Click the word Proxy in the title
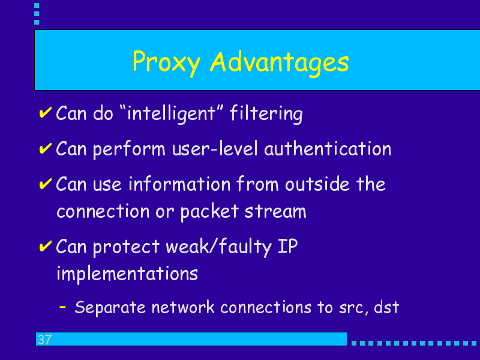(x=166, y=64)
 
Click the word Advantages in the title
(x=280, y=62)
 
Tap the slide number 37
(x=44, y=340)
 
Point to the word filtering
(x=266, y=113)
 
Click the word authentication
(x=328, y=149)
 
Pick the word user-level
(x=215, y=149)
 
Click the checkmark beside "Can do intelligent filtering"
(x=46, y=112)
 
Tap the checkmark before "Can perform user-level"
(x=46, y=148)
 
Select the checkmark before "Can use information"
(x=46, y=184)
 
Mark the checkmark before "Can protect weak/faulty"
(x=46, y=246)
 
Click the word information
(x=179, y=184)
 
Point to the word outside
(x=317, y=184)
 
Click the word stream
(x=275, y=212)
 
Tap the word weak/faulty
(x=219, y=247)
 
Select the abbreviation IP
(x=288, y=246)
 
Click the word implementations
(x=127, y=274)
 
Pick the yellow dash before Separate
(x=62, y=307)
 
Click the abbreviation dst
(x=386, y=307)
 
